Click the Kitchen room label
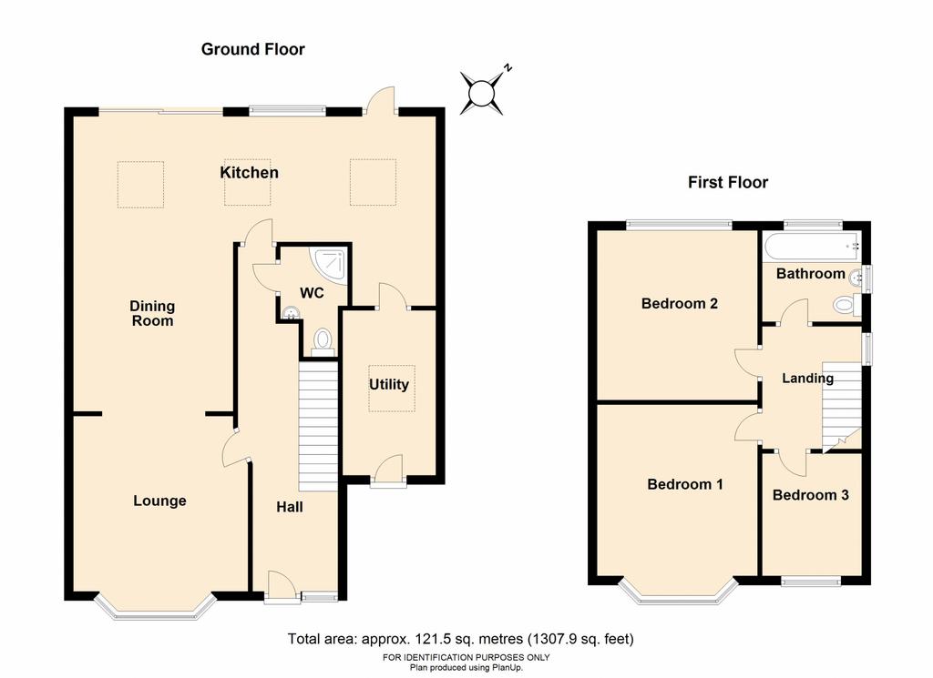(x=249, y=172)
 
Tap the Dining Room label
(x=152, y=313)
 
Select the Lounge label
(x=159, y=501)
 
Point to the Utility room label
(x=388, y=384)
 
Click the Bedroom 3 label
(x=810, y=495)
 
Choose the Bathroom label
(x=810, y=273)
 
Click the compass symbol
(x=483, y=92)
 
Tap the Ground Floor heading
(x=253, y=49)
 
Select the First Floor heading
(x=728, y=182)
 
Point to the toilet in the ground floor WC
(x=323, y=341)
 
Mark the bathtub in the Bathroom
(x=811, y=245)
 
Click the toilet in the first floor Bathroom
(x=846, y=306)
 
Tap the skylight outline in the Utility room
(x=392, y=388)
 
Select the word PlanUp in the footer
(x=505, y=667)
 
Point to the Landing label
(x=807, y=379)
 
